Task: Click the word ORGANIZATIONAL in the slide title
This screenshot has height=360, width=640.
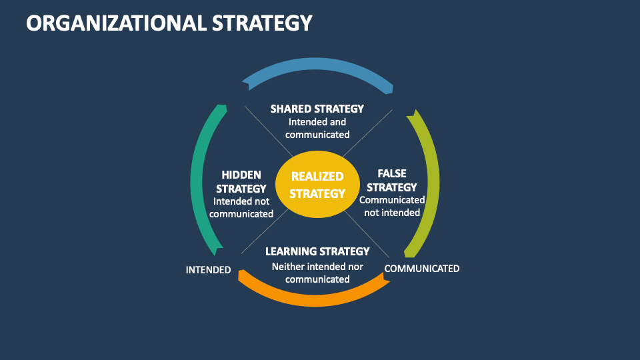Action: coord(115,23)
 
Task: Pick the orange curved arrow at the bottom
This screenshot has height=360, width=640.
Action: coord(313,295)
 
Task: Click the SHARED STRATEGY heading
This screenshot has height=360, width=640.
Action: coord(317,109)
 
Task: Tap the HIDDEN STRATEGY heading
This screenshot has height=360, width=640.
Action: coord(241,181)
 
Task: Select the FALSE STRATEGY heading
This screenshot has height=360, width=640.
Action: coord(392,180)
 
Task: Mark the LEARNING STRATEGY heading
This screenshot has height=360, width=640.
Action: coord(317,251)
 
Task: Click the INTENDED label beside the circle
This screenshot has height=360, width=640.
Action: coord(208,270)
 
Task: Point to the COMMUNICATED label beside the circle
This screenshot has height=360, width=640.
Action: coord(422,269)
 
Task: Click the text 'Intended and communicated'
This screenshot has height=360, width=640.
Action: coord(317,128)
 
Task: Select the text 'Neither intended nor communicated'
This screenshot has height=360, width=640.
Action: coord(317,273)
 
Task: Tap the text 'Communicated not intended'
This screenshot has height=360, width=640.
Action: coord(392,206)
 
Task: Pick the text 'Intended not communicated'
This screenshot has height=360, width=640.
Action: coord(241,207)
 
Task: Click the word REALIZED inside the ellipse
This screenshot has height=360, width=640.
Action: coord(318,177)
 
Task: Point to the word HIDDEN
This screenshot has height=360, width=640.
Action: coord(241,174)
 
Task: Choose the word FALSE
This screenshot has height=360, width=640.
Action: coord(392,173)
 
